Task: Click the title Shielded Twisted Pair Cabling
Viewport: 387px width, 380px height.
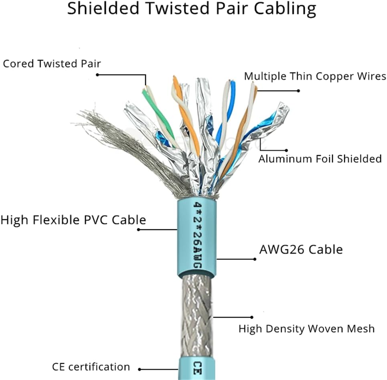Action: pos(191,9)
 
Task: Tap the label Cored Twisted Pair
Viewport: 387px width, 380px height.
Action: pos(52,64)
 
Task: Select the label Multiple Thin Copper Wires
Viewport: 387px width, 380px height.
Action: pos(315,76)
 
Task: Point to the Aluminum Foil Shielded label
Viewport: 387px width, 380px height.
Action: pos(320,159)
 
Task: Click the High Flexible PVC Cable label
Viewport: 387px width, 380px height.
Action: pos(73,220)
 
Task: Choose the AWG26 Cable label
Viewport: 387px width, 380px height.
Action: pos(301,250)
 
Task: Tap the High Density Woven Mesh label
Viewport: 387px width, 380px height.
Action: pos(306,329)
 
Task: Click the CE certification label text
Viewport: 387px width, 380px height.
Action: pos(91,367)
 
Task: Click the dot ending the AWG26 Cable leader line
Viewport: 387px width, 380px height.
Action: pos(255,259)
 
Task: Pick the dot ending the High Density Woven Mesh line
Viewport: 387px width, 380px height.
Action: pos(252,317)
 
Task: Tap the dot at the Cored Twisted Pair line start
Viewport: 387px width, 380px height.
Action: pos(97,75)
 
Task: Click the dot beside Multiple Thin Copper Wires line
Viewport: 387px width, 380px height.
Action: pos(298,91)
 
